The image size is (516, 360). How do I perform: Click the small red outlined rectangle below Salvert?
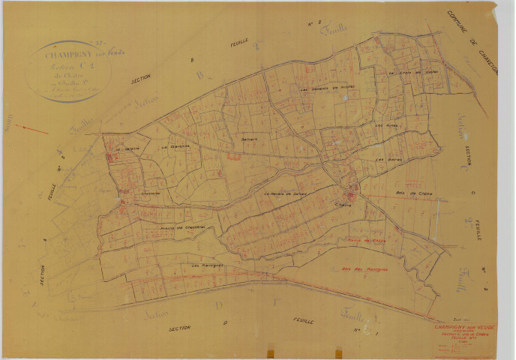pos(234,158)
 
